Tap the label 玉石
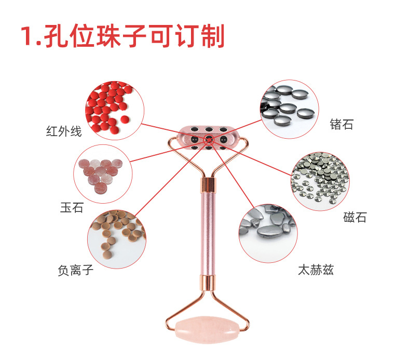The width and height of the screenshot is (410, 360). pyautogui.click(x=72, y=208)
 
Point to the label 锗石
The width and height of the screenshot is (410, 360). pyautogui.click(x=341, y=124)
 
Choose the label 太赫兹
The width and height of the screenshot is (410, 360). pyautogui.click(x=316, y=270)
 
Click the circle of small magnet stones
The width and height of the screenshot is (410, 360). pyautogui.click(x=319, y=181)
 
